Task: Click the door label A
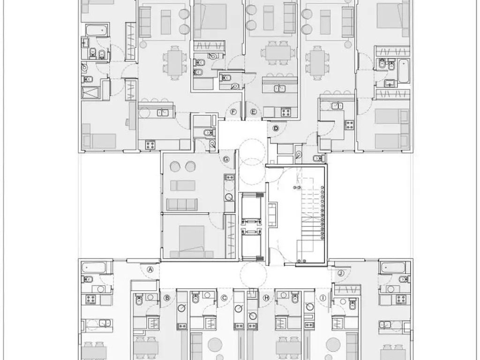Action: (x=150, y=270)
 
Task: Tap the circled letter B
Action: (x=167, y=298)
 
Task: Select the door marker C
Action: (x=224, y=298)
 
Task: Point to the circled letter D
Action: (x=276, y=128)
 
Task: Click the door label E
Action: (x=254, y=112)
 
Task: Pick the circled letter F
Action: (x=233, y=112)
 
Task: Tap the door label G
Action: (x=226, y=159)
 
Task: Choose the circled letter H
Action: (x=266, y=298)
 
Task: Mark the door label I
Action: (x=322, y=298)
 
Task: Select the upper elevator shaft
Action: (x=252, y=207)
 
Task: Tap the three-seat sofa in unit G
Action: (x=181, y=204)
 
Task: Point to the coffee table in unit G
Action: (x=183, y=186)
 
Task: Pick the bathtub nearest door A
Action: (x=94, y=268)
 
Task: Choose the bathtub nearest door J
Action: (x=393, y=268)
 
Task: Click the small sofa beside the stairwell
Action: (x=272, y=215)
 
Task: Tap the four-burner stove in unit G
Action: (x=229, y=177)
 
